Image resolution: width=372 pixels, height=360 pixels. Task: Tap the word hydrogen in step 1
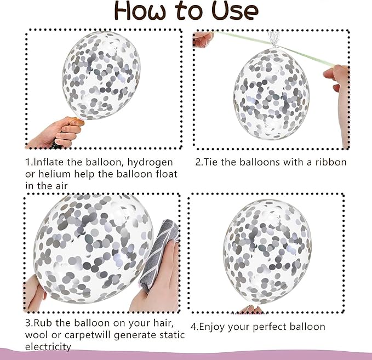[x=150, y=163]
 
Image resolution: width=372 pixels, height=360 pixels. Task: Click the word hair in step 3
[x=163, y=323]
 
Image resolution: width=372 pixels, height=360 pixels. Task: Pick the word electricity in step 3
[x=48, y=347]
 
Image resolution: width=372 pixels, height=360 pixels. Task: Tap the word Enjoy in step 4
[x=212, y=327]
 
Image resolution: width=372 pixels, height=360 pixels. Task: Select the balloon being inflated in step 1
[x=101, y=75]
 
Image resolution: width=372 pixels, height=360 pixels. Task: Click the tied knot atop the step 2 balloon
[x=273, y=41]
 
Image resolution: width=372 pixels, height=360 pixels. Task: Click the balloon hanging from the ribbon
[x=271, y=94]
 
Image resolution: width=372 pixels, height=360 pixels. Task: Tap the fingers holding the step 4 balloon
[x=251, y=309]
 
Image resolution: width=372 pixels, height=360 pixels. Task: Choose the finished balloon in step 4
[x=267, y=252]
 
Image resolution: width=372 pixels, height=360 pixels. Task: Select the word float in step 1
[x=167, y=174]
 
